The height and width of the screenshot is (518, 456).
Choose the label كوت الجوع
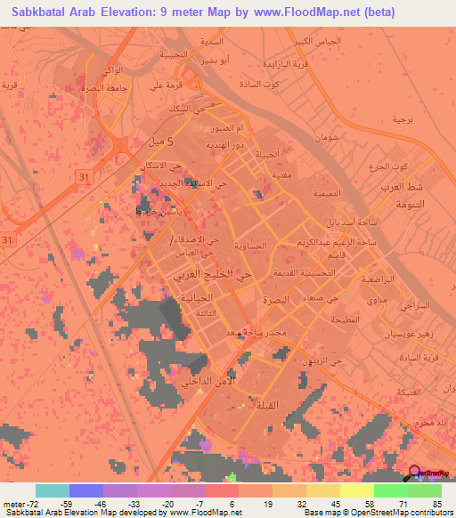tap(387, 168)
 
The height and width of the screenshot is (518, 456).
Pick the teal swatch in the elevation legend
tap(52, 490)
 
